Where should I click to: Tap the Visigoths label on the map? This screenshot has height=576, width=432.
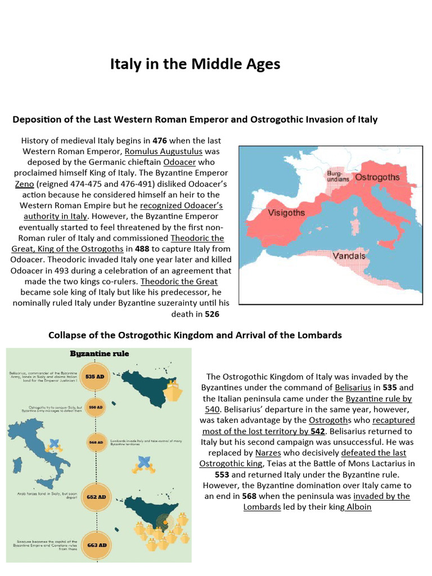click(286, 213)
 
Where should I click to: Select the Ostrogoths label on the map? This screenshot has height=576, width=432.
click(377, 177)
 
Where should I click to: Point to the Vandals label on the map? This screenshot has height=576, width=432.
click(349, 256)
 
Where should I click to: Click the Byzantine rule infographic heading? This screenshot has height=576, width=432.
click(99, 354)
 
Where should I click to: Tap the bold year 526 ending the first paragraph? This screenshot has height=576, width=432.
click(211, 314)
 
